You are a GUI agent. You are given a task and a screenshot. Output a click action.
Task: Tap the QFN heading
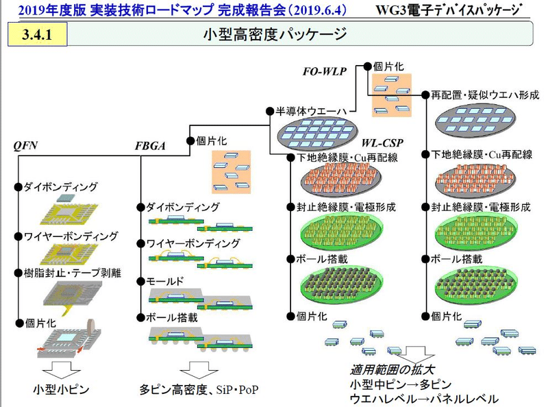pyautogui.click(x=25, y=145)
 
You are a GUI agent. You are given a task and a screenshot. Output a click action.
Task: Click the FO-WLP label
pyautogui.click(x=326, y=71)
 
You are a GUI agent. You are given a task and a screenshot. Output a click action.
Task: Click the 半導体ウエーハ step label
pyautogui.click(x=305, y=111)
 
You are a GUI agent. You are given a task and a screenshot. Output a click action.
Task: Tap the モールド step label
pyautogui.click(x=164, y=282)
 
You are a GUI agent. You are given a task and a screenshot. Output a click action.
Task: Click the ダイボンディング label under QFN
pyautogui.click(x=60, y=186)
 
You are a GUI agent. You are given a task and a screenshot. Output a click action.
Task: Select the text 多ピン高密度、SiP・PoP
pyautogui.click(x=198, y=390)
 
